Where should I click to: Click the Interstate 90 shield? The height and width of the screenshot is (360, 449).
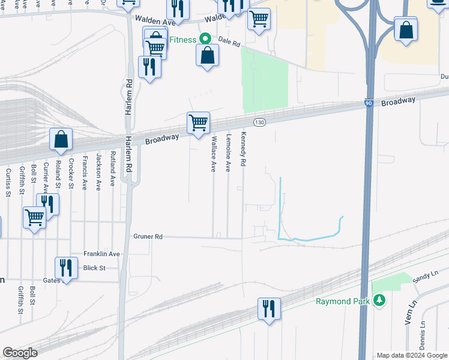tap(367, 104)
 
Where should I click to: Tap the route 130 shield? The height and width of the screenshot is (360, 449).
tap(259, 122)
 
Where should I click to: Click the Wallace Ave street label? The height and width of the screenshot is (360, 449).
tap(213, 154)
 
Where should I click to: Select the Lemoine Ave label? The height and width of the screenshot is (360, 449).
tap(228, 153)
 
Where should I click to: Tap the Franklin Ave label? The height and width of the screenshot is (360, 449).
tap(101, 254)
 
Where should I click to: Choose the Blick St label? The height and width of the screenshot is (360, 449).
tap(95, 268)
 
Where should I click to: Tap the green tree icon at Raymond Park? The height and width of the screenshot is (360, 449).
tap(378, 300)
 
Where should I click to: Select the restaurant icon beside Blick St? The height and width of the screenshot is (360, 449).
tap(66, 268)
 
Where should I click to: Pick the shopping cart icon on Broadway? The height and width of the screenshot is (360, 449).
tap(198, 123)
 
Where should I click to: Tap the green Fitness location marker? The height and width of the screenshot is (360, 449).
tap(205, 38)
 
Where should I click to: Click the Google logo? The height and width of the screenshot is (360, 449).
tap(20, 353)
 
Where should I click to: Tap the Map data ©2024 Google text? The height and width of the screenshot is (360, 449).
tap(412, 355)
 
